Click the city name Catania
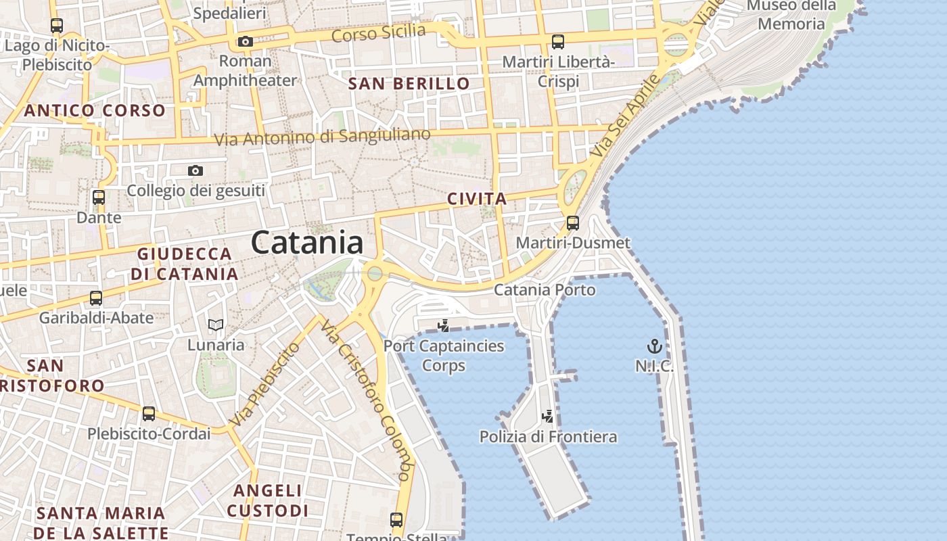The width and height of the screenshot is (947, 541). point(307,243)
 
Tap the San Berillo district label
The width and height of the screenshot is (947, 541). point(409,84)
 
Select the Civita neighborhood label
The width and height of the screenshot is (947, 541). point(477,199)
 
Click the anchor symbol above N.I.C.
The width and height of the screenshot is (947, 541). point(654,347)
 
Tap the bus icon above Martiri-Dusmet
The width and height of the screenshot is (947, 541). point(573,222)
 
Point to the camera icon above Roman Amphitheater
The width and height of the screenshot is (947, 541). point(245,42)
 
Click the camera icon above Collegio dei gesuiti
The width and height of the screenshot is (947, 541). point(195,170)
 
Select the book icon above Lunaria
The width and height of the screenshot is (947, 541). point(216,325)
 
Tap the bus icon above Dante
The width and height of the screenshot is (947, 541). point(99,197)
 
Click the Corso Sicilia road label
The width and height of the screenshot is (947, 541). point(379,32)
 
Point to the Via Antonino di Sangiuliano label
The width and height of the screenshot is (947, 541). point(322,137)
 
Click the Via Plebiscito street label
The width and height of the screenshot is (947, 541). point(265,383)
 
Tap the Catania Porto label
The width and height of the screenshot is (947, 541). point(545,290)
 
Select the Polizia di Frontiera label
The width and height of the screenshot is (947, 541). point(548,437)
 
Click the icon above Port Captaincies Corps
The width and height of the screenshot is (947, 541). point(444,326)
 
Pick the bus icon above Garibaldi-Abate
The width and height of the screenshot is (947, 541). point(96,298)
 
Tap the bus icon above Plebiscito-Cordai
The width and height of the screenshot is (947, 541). point(149,414)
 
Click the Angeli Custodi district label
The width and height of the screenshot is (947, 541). point(267,500)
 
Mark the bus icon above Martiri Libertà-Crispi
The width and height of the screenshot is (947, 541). point(558,42)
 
